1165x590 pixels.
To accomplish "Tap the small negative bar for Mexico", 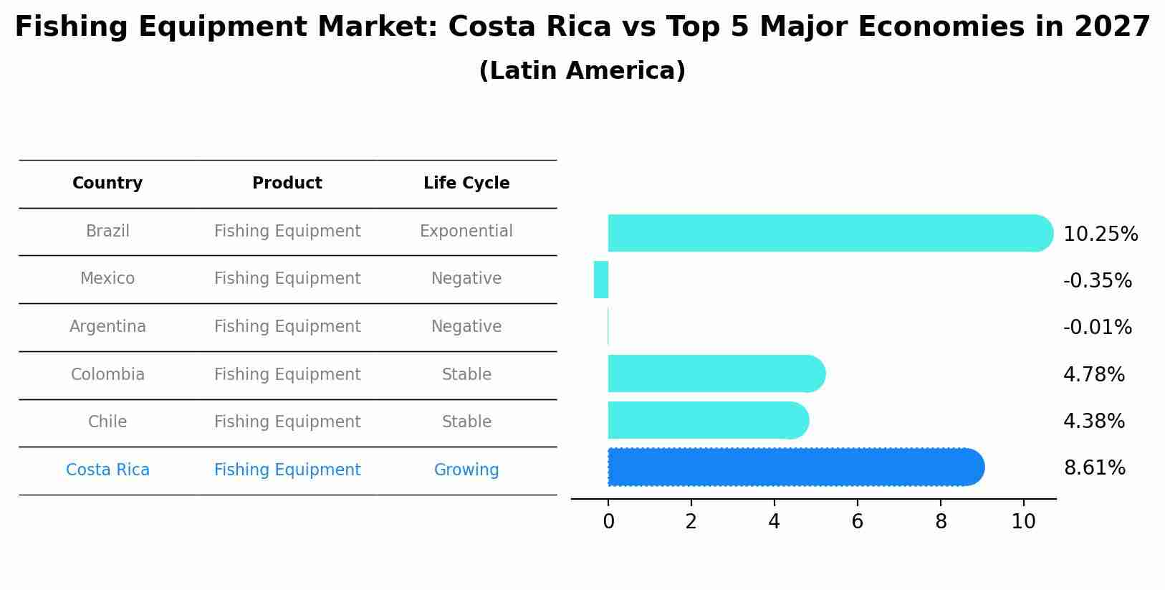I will point(601,280).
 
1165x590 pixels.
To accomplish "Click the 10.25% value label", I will point(1100,234).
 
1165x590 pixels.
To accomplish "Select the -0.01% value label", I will point(1097,328).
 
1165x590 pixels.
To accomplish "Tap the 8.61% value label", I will point(1094,468).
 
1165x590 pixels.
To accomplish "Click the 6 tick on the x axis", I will point(857,522).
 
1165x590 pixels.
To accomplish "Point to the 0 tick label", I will point(608,522).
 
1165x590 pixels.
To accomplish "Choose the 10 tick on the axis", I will point(1023,522).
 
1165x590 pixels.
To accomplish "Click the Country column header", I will point(107,184).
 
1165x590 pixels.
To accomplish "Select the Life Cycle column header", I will point(466,184).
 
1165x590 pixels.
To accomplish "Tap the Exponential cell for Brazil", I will point(466,232).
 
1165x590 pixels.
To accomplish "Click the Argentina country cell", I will point(107,327).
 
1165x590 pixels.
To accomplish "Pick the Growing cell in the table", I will point(466,470).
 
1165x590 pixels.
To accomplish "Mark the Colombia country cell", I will point(107,375).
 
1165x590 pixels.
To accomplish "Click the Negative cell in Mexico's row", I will point(466,279).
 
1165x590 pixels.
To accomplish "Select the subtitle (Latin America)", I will point(582,71).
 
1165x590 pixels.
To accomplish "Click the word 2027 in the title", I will point(1112,27).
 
